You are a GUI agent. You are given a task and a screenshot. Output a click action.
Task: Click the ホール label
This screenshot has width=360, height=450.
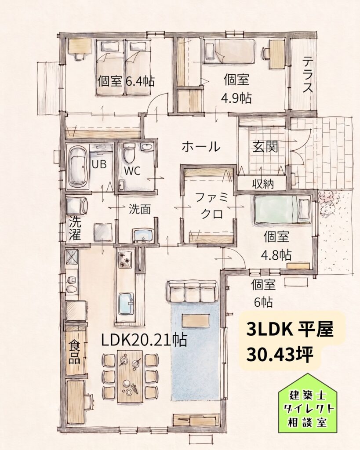[x=201, y=147]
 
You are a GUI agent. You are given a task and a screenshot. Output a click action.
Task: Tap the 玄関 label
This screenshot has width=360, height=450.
[x=265, y=147]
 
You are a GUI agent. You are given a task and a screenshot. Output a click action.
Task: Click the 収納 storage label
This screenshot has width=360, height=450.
[x=263, y=184]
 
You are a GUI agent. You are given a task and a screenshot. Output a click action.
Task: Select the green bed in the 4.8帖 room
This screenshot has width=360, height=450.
[x=281, y=209]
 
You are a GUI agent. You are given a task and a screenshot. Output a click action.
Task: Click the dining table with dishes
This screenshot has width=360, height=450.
[x=130, y=377]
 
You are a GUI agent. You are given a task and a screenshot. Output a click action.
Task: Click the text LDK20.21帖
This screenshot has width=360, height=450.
[x=144, y=341]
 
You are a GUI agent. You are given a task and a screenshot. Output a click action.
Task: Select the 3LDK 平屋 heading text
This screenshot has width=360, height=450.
[x=289, y=330]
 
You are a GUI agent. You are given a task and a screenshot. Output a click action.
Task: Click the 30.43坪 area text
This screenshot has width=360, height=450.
[x=279, y=355]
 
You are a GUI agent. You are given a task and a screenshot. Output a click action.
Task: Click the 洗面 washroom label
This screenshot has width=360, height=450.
[x=139, y=209]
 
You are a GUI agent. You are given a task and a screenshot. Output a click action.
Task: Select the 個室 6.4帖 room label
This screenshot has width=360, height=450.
[x=126, y=81]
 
